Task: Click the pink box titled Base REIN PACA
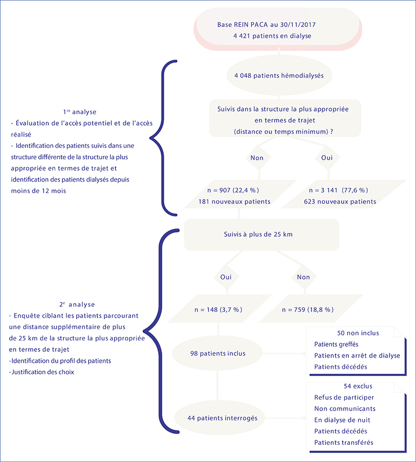[278, 29]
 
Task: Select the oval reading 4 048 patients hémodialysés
[279, 75]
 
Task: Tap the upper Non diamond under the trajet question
[258, 158]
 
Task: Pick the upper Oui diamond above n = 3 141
[327, 158]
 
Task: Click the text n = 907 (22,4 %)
[233, 191]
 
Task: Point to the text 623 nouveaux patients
[340, 201]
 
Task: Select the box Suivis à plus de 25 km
[262, 235]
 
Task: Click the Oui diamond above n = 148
[226, 277]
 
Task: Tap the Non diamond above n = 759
[304, 277]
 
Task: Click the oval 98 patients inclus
[217, 354]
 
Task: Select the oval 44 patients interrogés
[219, 418]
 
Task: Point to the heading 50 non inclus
[358, 333]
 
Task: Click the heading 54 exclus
[358, 386]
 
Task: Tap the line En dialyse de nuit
[342, 420]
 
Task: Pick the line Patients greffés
[336, 344]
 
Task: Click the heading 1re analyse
[80, 112]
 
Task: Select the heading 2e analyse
[77, 304]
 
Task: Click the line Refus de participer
[344, 398]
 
